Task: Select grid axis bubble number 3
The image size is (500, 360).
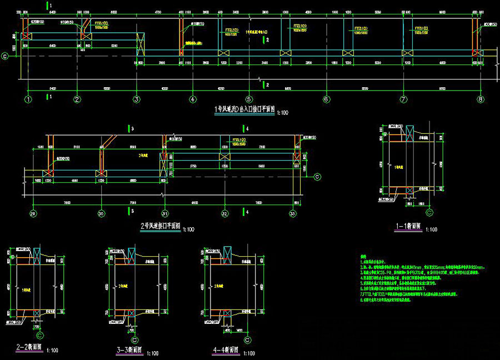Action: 136,99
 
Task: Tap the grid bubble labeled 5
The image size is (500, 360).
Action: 249,99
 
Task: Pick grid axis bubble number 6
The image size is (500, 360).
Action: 326,99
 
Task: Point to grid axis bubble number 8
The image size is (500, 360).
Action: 480,99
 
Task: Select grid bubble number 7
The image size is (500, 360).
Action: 404,99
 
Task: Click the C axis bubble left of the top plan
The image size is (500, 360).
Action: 6,56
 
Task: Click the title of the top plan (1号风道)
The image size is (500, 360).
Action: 244,110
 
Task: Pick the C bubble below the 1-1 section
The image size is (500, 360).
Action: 429,212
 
